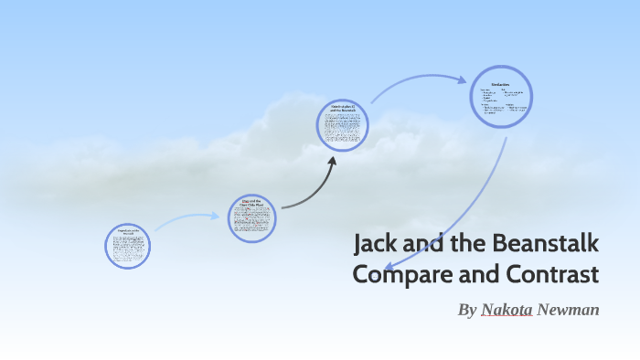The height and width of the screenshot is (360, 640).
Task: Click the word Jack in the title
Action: tap(373, 245)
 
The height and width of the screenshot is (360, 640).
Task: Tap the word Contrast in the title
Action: tap(548, 274)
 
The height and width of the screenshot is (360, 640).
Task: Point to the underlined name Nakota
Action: tap(507, 310)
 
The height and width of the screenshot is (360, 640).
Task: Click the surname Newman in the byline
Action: tap(569, 310)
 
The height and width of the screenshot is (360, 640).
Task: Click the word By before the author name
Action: tap(467, 310)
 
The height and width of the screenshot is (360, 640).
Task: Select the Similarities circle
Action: tap(501, 98)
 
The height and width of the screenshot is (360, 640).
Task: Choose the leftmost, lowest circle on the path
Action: tap(127, 245)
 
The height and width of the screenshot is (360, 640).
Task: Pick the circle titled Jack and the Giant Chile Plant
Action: tap(251, 217)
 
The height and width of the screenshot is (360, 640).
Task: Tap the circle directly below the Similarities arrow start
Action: tap(344, 125)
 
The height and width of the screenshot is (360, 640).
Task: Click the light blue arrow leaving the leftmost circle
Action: tap(187, 219)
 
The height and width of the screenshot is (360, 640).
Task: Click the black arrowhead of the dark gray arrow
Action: tap(332, 162)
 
